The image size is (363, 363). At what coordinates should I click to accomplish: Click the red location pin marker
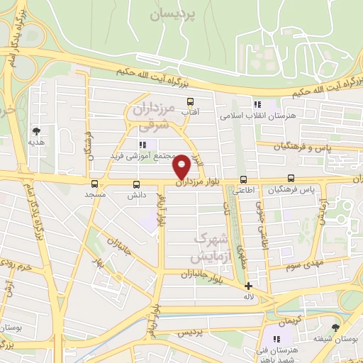[181, 167]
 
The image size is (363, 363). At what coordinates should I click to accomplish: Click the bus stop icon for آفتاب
[189, 101]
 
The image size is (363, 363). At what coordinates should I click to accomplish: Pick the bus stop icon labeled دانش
[135, 184]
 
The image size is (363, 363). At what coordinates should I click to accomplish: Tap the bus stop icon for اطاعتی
[243, 179]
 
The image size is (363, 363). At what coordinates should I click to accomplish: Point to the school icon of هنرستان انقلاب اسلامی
[258, 104]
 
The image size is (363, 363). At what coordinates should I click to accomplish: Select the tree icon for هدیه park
[36, 130]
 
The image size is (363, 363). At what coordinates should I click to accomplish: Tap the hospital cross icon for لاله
[248, 285]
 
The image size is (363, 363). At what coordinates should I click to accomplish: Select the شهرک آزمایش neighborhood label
[212, 245]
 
